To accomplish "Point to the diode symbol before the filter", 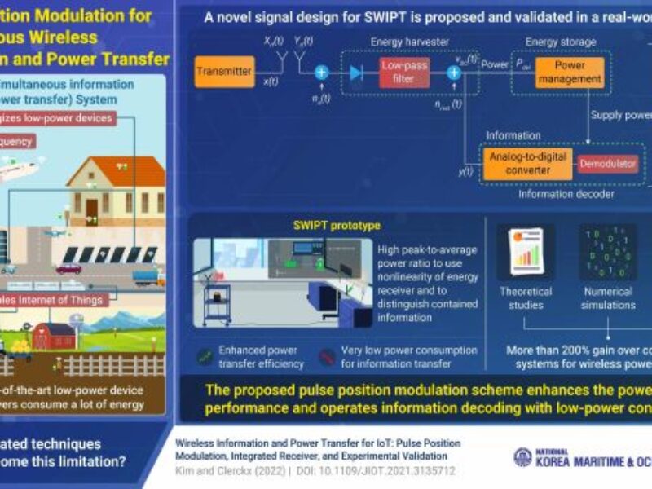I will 355,73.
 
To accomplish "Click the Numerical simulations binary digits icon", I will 607,253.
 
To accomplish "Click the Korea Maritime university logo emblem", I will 522,457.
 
